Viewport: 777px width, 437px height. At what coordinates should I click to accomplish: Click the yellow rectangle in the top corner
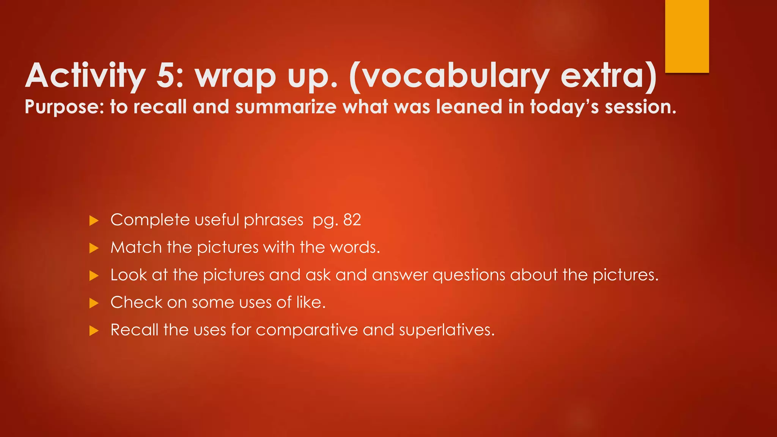(x=687, y=36)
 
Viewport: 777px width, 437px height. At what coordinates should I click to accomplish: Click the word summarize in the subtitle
(x=286, y=107)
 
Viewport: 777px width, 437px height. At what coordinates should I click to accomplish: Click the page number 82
(x=352, y=220)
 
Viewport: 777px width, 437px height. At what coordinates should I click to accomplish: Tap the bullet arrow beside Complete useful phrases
(x=94, y=221)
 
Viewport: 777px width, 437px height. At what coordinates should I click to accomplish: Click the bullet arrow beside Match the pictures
(x=94, y=248)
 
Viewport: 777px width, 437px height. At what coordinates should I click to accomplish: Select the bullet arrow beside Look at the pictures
(x=94, y=276)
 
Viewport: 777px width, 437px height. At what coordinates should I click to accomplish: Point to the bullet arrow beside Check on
(x=94, y=303)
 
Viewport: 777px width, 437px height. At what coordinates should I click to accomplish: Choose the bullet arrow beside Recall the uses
(x=94, y=331)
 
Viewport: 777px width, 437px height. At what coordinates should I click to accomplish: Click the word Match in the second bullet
(x=136, y=248)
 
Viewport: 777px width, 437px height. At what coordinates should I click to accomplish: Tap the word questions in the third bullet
(x=469, y=275)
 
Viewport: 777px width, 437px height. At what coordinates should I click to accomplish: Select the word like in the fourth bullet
(x=310, y=302)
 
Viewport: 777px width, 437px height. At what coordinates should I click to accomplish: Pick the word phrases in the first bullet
(x=273, y=220)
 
